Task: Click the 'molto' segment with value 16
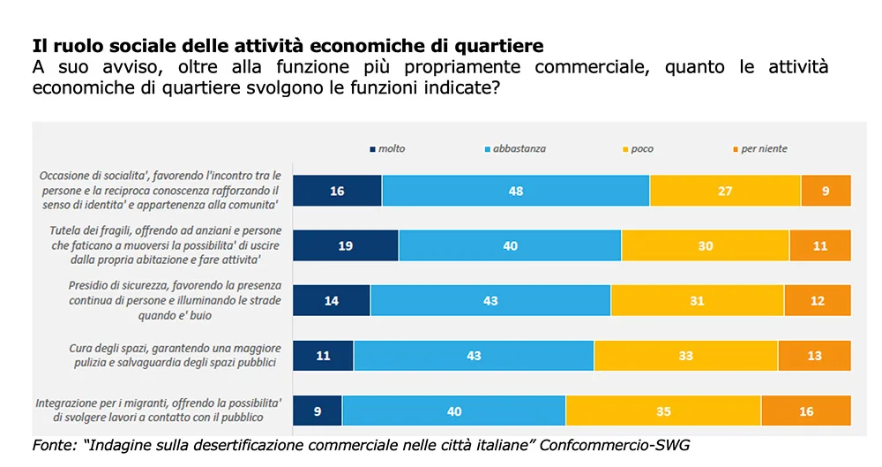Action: (337, 191)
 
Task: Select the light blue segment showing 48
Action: (516, 191)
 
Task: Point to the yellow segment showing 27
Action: (725, 191)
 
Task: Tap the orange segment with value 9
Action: (826, 191)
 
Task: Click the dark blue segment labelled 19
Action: (346, 245)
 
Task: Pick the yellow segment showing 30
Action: (706, 245)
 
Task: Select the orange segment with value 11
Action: (820, 245)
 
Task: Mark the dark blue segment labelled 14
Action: (332, 300)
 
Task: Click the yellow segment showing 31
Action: (697, 300)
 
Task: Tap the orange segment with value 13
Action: (814, 356)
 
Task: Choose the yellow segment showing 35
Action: (663, 411)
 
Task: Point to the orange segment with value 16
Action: (806, 411)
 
